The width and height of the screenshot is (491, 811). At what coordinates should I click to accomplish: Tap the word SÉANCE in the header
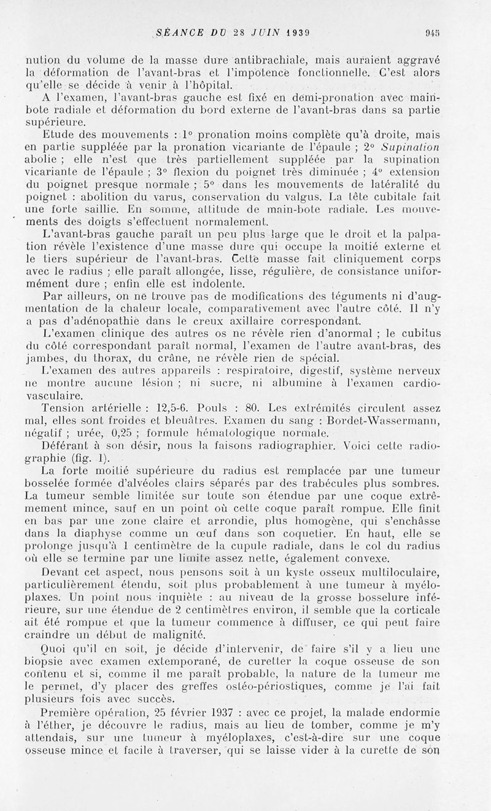pyautogui.click(x=177, y=33)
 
